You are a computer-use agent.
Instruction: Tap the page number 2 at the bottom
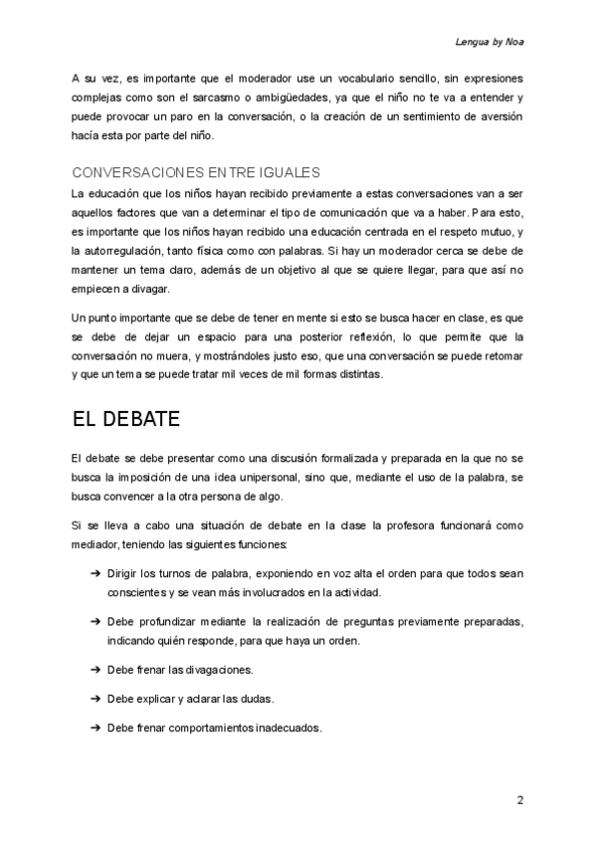(x=520, y=800)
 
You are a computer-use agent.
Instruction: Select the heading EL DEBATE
(x=125, y=419)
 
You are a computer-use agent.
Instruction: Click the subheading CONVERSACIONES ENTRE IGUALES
(x=196, y=172)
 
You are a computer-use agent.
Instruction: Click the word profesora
(x=419, y=525)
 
